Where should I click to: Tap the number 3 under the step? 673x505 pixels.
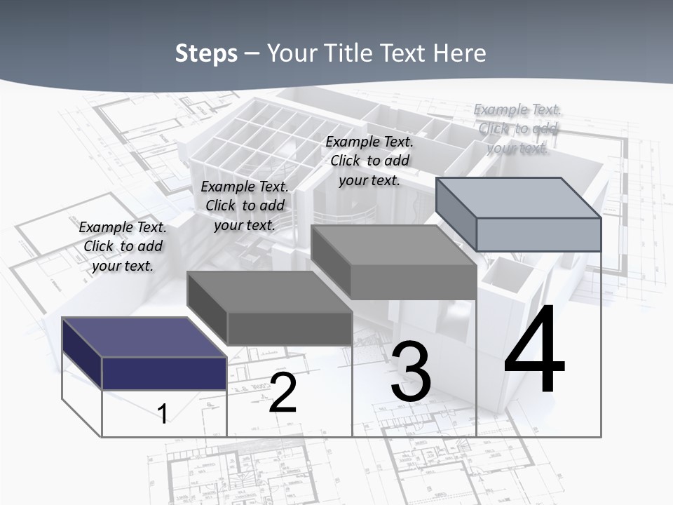(411, 372)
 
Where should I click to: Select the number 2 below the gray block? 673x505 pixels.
(283, 392)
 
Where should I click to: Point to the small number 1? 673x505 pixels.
(163, 414)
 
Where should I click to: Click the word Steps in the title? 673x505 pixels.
(206, 53)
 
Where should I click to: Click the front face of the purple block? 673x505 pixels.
(164, 373)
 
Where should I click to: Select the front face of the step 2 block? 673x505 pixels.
(290, 328)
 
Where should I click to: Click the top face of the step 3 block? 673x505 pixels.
(393, 245)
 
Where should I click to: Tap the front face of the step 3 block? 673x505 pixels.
(414, 283)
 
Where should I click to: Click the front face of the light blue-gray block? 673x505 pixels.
(538, 234)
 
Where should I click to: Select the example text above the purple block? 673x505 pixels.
(123, 246)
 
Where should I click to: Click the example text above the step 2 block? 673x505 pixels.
(245, 206)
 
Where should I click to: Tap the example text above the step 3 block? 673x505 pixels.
(369, 161)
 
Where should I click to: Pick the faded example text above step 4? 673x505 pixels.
(517, 128)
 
